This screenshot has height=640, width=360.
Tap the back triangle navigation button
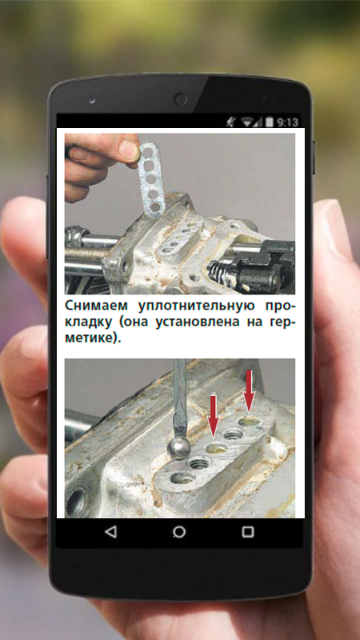[x=110, y=532]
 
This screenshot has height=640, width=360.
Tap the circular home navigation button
[x=179, y=532]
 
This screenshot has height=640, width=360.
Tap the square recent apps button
[x=248, y=532]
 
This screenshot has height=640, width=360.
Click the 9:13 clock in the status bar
[x=287, y=122]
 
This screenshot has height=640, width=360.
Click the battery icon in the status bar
[x=269, y=122]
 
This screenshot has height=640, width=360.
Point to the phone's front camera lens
[x=180, y=99]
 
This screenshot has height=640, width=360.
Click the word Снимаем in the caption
[x=95, y=306]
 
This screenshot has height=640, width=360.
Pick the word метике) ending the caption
[x=93, y=340]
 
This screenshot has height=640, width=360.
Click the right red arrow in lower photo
[x=249, y=390]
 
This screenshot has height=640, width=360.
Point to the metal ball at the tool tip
[x=178, y=449]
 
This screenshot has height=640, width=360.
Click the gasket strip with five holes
[x=152, y=180]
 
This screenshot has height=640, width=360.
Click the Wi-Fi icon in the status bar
[x=247, y=122]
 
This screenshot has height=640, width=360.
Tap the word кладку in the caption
[x=88, y=323]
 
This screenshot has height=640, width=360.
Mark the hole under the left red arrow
[x=216, y=449]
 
